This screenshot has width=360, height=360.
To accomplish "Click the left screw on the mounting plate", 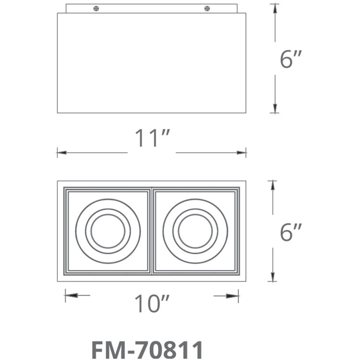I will coord(96,8).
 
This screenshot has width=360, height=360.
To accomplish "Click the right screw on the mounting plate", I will coord(206,8).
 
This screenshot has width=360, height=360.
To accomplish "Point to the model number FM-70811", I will coord(147,349).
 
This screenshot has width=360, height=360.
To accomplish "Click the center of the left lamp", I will coord(108,231).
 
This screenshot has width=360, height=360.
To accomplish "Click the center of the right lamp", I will coord(195,231).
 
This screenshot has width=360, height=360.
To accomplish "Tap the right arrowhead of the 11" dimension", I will coord(242,153).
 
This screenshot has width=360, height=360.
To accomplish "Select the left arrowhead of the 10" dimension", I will coord(70,295).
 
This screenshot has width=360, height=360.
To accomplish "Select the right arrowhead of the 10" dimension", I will coord(234,295).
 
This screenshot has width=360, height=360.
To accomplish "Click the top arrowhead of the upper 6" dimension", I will coord(275,8).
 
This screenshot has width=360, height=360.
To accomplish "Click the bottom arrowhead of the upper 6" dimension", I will coord(275,108).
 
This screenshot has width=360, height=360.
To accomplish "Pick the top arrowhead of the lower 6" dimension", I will coord(273,185).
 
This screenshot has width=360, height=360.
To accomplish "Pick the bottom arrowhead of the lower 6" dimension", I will coord(273,277).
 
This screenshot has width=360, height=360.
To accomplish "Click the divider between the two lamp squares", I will coord(151,231).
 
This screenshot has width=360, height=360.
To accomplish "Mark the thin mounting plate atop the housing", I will coord(151,8).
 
